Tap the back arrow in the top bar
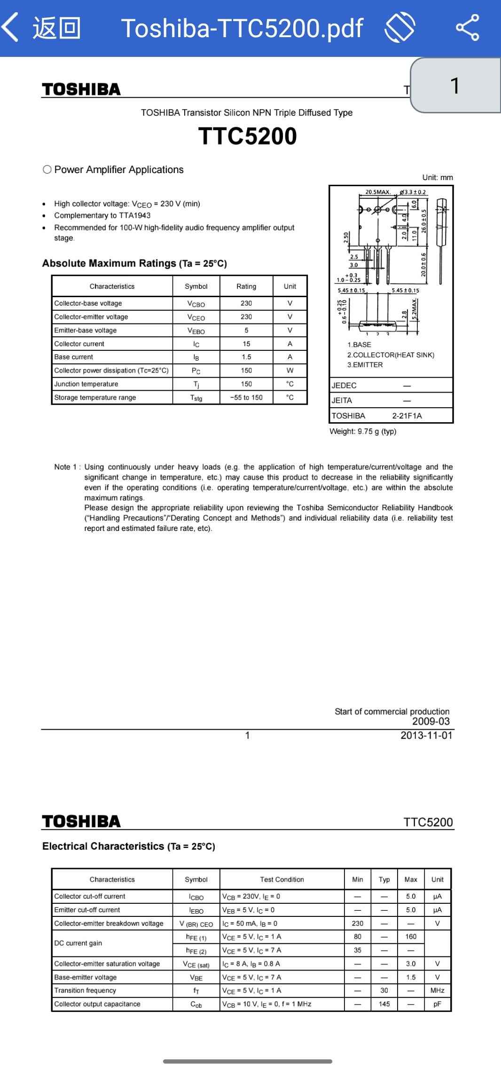tap(10, 27)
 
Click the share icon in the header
tap(467, 27)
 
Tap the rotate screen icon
tap(399, 27)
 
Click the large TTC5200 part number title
tap(247, 136)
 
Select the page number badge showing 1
tap(454, 86)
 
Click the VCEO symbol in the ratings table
tap(196, 317)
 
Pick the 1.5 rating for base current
tap(246, 357)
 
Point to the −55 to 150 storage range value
tap(246, 397)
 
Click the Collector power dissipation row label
tap(111, 371)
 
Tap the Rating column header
tap(246, 286)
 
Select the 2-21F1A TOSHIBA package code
tap(407, 416)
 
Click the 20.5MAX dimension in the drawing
tap(378, 192)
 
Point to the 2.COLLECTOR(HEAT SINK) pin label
tap(391, 355)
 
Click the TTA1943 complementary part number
tap(136, 215)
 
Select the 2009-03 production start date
tap(431, 721)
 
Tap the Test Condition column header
tap(282, 879)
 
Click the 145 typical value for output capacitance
tap(384, 1004)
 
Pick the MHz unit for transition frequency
tap(437, 990)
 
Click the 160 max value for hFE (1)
tap(411, 937)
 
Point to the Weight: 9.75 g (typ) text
tap(363, 431)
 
